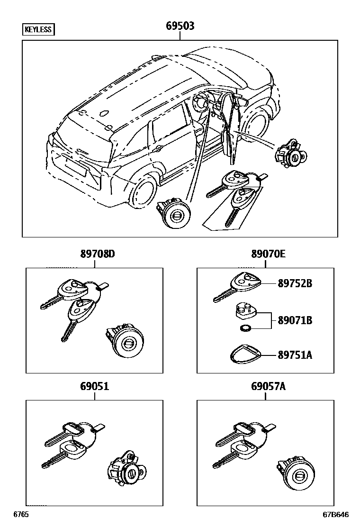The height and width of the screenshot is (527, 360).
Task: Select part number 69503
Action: (x=180, y=26)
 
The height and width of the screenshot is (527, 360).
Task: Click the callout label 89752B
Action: (x=295, y=283)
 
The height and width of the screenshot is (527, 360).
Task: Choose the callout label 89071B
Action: (x=295, y=321)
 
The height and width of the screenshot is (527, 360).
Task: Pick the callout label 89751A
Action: (x=295, y=355)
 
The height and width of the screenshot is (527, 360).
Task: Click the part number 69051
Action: (x=94, y=386)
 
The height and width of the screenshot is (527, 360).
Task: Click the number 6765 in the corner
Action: (x=21, y=514)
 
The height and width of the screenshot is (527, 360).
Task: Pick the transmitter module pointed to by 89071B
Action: (x=245, y=311)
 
